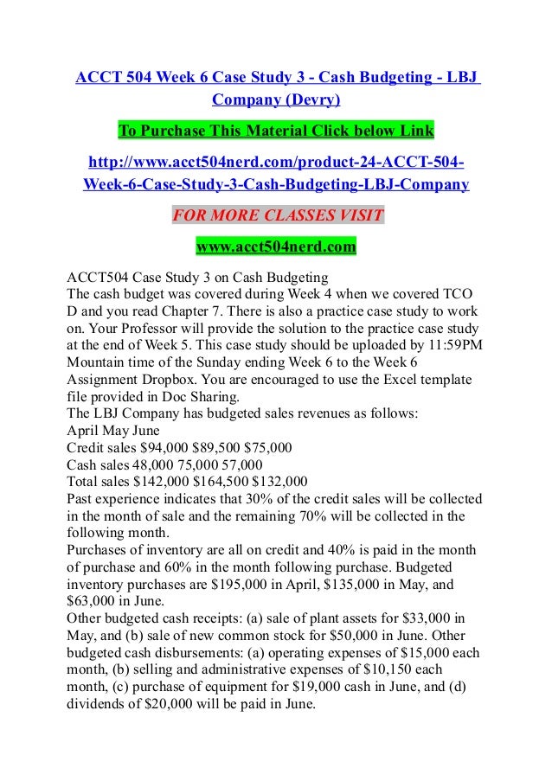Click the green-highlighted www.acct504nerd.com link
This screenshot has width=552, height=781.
click(x=276, y=248)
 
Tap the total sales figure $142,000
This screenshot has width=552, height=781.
click(x=164, y=481)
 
